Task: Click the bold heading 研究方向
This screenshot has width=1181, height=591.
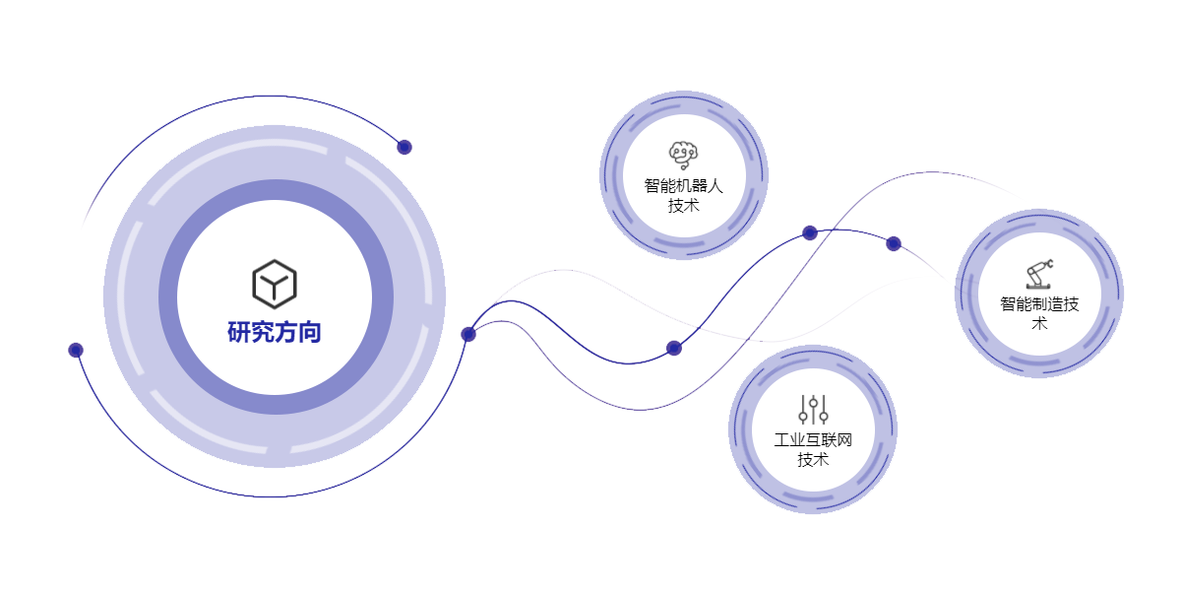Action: [275, 332]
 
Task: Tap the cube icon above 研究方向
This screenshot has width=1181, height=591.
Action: [275, 284]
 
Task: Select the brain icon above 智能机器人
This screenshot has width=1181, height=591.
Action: [683, 154]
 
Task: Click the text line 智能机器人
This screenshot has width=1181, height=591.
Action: [684, 185]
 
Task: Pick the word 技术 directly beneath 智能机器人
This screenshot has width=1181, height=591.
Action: [684, 205]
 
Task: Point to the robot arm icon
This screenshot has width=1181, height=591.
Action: [1039, 273]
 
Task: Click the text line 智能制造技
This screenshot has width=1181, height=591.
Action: [1039, 303]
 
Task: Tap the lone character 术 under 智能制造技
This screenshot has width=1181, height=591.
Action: [1039, 323]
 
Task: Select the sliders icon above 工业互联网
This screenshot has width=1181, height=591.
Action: [813, 409]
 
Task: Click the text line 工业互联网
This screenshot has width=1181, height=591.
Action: [813, 439]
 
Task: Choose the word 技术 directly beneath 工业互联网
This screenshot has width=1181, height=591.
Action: [813, 459]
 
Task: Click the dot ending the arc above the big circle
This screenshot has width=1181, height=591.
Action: [404, 147]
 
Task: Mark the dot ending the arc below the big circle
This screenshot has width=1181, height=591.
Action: [76, 350]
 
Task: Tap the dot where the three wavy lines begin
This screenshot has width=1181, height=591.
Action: [468, 334]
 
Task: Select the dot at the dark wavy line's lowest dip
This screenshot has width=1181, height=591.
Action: [674, 348]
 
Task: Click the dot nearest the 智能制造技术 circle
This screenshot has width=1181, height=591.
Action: [894, 243]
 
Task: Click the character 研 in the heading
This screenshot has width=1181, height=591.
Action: [239, 332]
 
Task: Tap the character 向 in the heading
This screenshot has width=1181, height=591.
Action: [310, 332]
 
